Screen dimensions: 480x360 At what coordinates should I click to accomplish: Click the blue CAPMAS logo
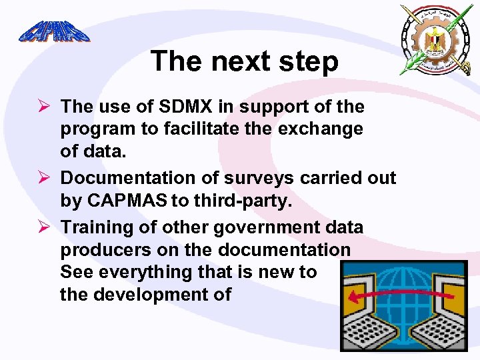tap(55, 31)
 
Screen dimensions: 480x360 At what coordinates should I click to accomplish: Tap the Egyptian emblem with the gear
tap(437, 40)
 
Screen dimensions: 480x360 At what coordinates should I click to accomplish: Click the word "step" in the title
tap(309, 61)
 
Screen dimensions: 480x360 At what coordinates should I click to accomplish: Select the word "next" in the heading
tap(241, 61)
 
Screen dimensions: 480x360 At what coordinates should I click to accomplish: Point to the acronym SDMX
tap(185, 106)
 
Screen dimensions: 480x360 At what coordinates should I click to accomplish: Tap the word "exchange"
tap(320, 129)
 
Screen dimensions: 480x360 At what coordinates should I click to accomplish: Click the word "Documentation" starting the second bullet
tap(128, 177)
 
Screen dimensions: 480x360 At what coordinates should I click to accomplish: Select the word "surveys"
tap(259, 179)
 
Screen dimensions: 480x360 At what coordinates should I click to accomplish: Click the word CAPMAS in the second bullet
tap(127, 200)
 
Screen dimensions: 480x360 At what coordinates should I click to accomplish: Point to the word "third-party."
tap(243, 201)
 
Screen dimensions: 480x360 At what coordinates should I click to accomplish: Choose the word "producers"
tap(106, 250)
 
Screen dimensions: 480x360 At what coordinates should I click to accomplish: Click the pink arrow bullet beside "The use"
tap(44, 105)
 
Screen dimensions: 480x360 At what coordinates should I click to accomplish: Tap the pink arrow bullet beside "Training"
tap(44, 227)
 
